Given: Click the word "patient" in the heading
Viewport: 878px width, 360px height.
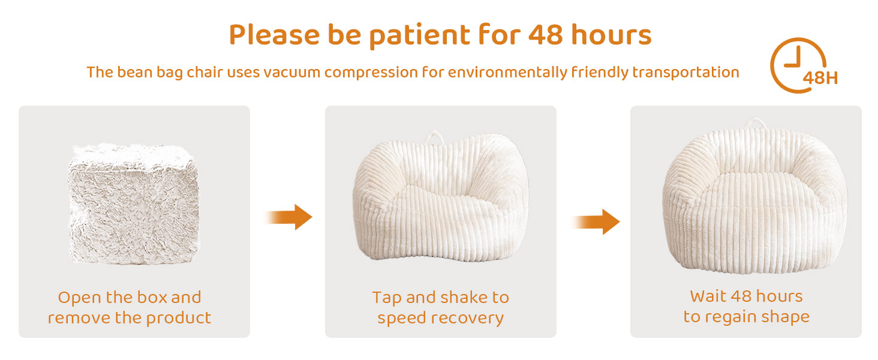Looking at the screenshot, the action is [x=419, y=36].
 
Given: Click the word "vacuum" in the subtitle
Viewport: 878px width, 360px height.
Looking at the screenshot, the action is [x=291, y=73].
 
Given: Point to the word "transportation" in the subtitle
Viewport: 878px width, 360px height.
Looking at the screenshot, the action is [x=685, y=73].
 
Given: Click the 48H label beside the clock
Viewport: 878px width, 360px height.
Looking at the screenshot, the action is [x=820, y=78].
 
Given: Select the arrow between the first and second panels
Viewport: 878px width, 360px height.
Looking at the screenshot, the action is [x=288, y=217].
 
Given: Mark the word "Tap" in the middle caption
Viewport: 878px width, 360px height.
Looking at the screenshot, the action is [x=387, y=298].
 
